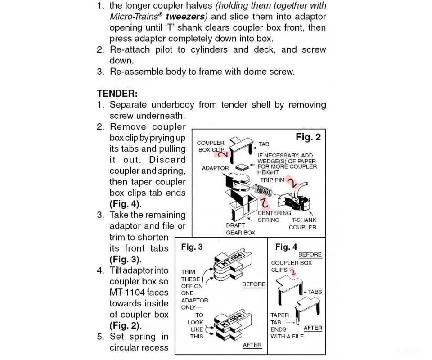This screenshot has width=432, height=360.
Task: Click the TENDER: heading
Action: [x=117, y=93]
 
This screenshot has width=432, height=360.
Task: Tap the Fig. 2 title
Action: [x=308, y=137]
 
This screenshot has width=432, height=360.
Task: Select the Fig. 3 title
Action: [x=192, y=247]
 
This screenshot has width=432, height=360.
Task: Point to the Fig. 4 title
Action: [x=286, y=247]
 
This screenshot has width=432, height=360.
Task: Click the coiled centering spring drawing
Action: [x=262, y=189]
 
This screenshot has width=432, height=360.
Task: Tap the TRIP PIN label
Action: [x=272, y=180]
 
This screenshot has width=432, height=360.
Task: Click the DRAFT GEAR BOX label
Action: [x=240, y=229]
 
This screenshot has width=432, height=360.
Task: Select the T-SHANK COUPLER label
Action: [x=302, y=224]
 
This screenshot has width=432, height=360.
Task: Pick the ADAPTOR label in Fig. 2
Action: [x=215, y=168]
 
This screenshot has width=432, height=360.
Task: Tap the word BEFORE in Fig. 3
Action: [x=254, y=284]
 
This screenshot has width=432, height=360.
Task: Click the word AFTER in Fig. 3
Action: [x=252, y=345]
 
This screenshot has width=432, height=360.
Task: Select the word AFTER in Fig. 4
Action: [x=313, y=328]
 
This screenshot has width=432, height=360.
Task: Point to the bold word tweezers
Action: [x=185, y=16]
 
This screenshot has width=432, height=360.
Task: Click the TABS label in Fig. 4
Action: [x=315, y=292]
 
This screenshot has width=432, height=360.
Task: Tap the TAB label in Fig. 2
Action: [x=264, y=144]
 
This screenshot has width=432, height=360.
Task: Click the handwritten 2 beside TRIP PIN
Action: [x=292, y=182]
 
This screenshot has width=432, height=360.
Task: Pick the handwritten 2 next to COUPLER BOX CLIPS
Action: [x=293, y=272]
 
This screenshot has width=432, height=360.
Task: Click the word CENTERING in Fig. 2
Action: [x=274, y=213]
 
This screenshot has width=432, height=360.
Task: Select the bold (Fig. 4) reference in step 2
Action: [x=126, y=204]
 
